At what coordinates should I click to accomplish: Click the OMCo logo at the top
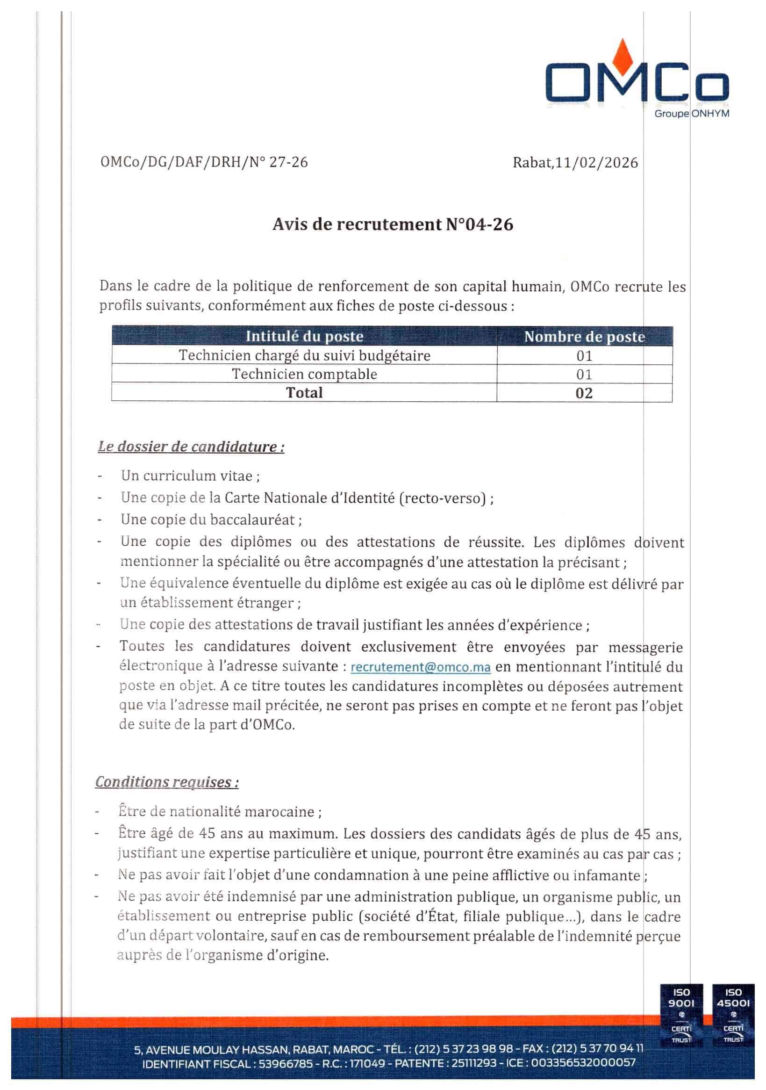637,76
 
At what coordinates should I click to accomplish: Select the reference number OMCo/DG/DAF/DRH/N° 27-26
204,162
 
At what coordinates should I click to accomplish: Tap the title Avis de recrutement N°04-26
393,224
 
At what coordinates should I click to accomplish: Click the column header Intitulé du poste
304,336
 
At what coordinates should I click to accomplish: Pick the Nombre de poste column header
584,337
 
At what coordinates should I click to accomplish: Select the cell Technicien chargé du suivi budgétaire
304,355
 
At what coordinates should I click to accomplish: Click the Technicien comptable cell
304,374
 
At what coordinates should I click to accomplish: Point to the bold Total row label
304,393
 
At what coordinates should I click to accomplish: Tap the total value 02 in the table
584,393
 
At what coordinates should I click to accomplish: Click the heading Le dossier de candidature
191,447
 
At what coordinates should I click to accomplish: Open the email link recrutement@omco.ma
420,667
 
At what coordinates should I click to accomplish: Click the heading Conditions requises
166,782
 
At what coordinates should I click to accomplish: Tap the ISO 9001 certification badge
681,1014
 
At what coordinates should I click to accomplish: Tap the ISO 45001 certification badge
733,1014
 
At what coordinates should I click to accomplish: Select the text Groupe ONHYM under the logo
692,114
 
